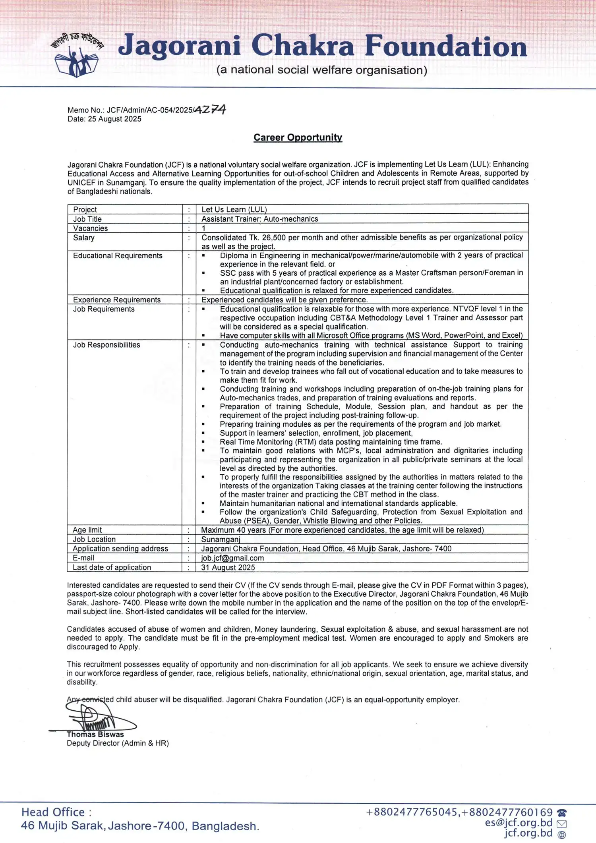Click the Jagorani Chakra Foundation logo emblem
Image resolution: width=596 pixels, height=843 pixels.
[x=77, y=56]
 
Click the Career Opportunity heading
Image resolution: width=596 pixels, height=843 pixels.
[x=298, y=137]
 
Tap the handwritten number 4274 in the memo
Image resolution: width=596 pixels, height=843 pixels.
[x=210, y=109]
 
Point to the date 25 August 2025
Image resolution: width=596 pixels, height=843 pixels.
[x=114, y=119]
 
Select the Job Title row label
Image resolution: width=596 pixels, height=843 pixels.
[x=87, y=219]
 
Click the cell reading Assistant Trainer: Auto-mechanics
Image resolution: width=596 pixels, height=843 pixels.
[x=259, y=219]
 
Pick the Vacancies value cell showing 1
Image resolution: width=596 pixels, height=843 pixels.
[x=203, y=228]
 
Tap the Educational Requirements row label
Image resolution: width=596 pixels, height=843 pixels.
[x=118, y=255]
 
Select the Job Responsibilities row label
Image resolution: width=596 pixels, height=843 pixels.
[x=106, y=345]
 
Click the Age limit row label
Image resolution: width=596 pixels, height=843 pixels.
[x=87, y=530]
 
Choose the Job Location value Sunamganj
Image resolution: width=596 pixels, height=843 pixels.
[x=221, y=539]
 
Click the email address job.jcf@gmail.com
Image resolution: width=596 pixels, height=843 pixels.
[x=232, y=558]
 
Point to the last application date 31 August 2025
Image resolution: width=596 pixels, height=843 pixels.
[x=228, y=568]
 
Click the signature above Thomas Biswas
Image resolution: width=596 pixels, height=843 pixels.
[x=93, y=717]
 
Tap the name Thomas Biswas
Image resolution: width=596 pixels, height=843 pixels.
[x=95, y=735]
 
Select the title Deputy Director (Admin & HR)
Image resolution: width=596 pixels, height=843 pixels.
[x=118, y=743]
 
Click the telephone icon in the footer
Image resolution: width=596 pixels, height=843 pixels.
[x=562, y=813]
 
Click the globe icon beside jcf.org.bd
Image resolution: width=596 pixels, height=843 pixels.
[x=561, y=835]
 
